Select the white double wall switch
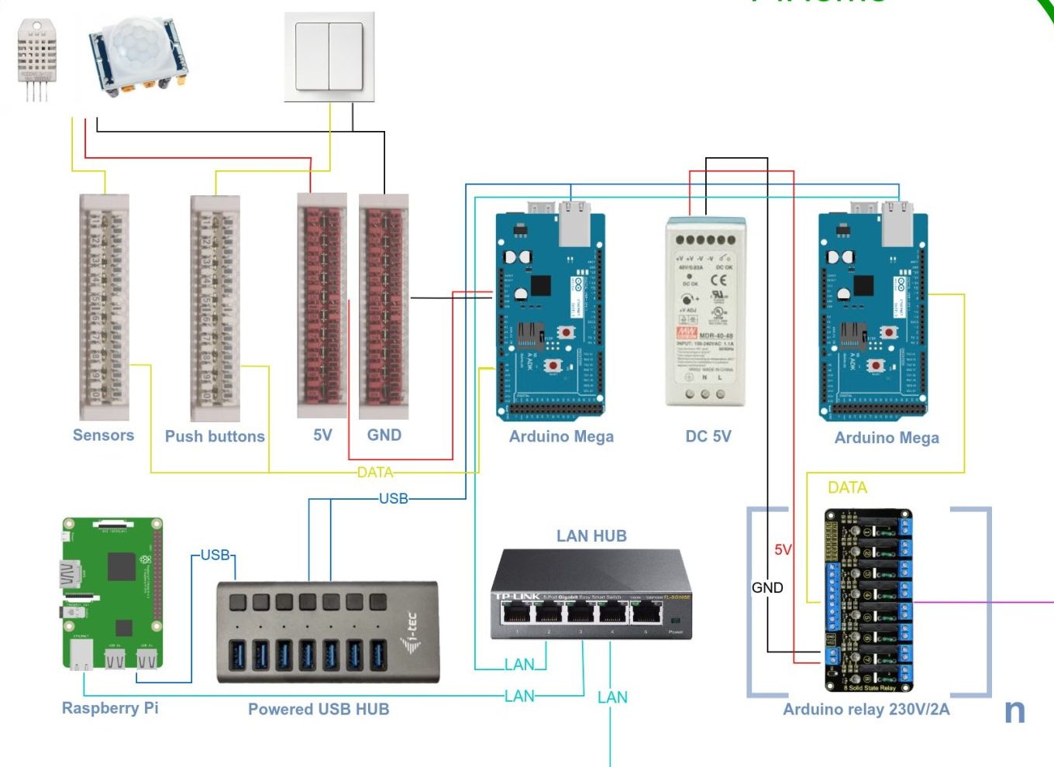(x=329, y=57)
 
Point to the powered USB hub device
(x=328, y=632)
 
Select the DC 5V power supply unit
(x=706, y=311)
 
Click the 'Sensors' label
(x=103, y=435)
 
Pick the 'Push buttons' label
(x=215, y=436)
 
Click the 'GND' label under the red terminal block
(x=384, y=435)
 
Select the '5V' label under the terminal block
(x=322, y=435)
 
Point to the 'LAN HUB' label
(x=591, y=536)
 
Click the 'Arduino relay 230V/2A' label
(x=866, y=710)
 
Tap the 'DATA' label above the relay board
(x=847, y=487)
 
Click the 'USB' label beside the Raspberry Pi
(x=215, y=555)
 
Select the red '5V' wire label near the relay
(x=783, y=549)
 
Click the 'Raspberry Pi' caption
(x=110, y=708)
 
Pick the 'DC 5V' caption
(x=708, y=436)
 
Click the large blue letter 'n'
(x=1014, y=711)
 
